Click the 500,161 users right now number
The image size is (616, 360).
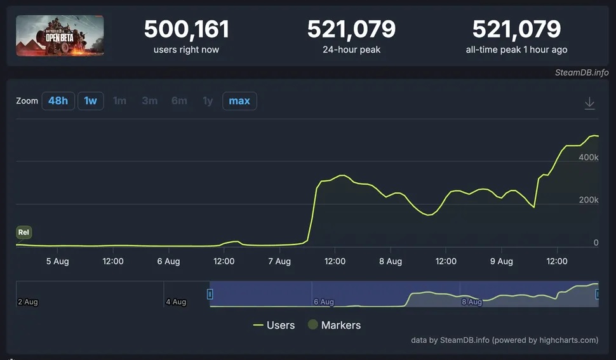[186, 29]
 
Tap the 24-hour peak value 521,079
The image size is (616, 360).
[351, 29]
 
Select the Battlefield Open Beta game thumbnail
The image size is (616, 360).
[60, 36]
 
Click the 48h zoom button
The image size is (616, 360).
[58, 101]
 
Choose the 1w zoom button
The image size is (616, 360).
[91, 101]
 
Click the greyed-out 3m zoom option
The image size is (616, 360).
[149, 101]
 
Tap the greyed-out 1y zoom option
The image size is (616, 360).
[208, 101]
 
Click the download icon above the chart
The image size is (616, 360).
[589, 103]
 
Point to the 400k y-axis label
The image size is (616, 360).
[587, 157]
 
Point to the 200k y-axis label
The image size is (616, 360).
[587, 200]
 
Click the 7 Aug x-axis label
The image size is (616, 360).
[279, 262]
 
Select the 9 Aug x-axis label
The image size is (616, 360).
[501, 262]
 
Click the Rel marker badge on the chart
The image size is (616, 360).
[23, 232]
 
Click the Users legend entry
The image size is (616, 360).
[274, 325]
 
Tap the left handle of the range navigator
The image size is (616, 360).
[210, 294]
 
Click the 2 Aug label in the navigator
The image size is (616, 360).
[28, 302]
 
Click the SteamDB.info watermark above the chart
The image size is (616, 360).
[582, 72]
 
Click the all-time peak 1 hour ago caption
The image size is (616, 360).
[516, 50]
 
